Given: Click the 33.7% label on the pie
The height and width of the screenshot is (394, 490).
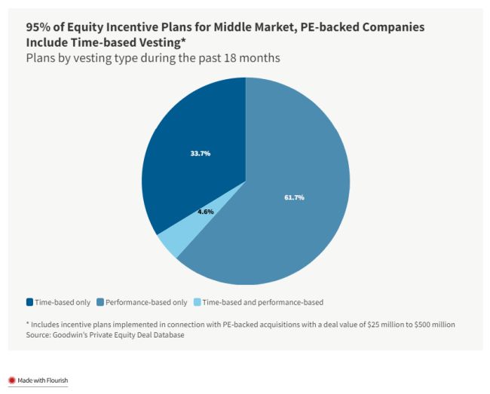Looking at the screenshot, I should pos(200,153).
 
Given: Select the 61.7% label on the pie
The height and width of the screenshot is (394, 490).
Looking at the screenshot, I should pos(294,197).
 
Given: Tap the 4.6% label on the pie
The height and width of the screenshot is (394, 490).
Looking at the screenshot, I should pos(205,212).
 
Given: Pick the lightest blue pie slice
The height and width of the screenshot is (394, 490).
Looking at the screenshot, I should pos(169,243).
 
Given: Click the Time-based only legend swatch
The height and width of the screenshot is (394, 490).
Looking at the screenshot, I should pos(29,302).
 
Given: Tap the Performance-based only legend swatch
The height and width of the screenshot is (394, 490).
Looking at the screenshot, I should pos(100,302).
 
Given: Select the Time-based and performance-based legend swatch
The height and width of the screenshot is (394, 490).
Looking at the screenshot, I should pos(198,302).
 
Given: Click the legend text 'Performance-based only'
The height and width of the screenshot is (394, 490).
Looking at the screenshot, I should pos(146,302).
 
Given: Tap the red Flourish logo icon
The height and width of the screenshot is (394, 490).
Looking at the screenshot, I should pos(11,380).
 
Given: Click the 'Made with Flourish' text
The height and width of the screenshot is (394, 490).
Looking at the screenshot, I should pos(43,380).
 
